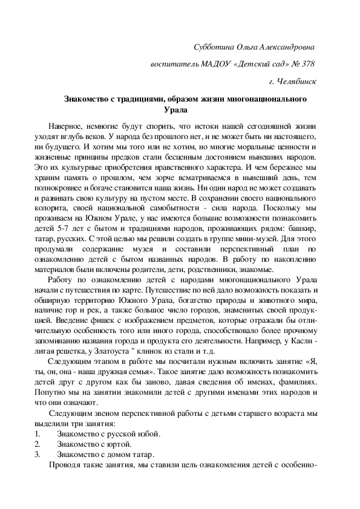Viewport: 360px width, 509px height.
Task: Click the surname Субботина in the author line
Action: [x=211, y=47]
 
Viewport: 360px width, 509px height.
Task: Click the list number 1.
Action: [x=38, y=433]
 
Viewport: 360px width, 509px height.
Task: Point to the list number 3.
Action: [x=38, y=455]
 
